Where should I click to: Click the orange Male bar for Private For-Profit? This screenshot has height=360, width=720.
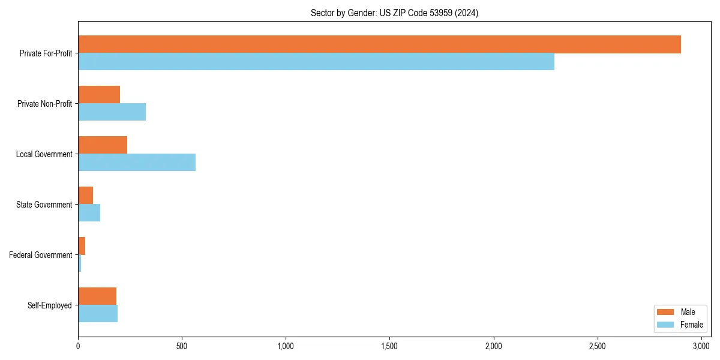click(x=379, y=44)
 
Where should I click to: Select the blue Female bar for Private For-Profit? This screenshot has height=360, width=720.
click(x=316, y=62)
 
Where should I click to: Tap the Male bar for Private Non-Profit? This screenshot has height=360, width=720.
click(x=99, y=95)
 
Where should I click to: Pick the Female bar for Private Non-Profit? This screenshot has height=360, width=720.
click(x=112, y=112)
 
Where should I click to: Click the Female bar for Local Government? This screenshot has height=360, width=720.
click(x=137, y=163)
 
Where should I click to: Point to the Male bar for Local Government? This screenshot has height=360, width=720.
click(x=103, y=145)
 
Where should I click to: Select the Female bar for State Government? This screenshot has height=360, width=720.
click(x=89, y=213)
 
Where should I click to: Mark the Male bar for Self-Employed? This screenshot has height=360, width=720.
click(x=97, y=296)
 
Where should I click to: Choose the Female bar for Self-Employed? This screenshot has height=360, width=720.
click(x=98, y=314)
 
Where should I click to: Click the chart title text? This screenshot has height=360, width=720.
click(x=394, y=13)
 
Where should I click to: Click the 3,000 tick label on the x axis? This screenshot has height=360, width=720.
click(x=701, y=346)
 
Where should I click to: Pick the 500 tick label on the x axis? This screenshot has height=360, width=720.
click(x=182, y=346)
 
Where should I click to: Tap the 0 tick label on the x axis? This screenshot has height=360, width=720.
click(x=78, y=346)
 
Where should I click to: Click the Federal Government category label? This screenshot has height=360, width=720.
click(x=40, y=255)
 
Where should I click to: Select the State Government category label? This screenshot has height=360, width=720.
click(x=44, y=205)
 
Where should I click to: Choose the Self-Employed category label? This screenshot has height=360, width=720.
click(x=49, y=305)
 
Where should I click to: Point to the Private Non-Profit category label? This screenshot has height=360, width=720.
click(x=44, y=104)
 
